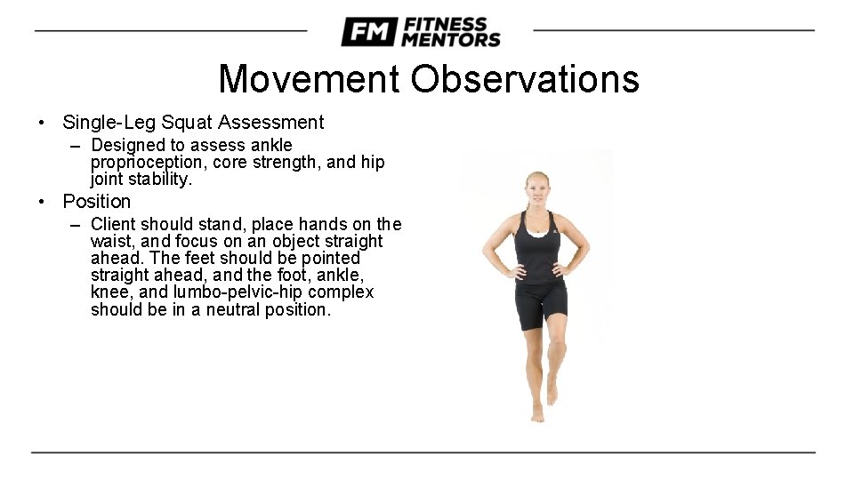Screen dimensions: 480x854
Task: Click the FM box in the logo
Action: (x=369, y=32)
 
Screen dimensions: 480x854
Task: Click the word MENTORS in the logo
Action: (x=450, y=39)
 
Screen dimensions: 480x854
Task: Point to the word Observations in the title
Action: (x=524, y=79)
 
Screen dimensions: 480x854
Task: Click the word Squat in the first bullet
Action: (x=189, y=123)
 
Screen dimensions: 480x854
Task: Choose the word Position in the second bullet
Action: (x=96, y=202)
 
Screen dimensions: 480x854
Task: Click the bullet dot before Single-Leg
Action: (x=42, y=123)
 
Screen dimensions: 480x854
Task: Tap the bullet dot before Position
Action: (x=42, y=202)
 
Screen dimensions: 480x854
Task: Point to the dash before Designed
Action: (x=77, y=145)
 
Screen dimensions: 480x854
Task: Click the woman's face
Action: (x=537, y=188)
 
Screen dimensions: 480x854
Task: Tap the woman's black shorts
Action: (x=541, y=305)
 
